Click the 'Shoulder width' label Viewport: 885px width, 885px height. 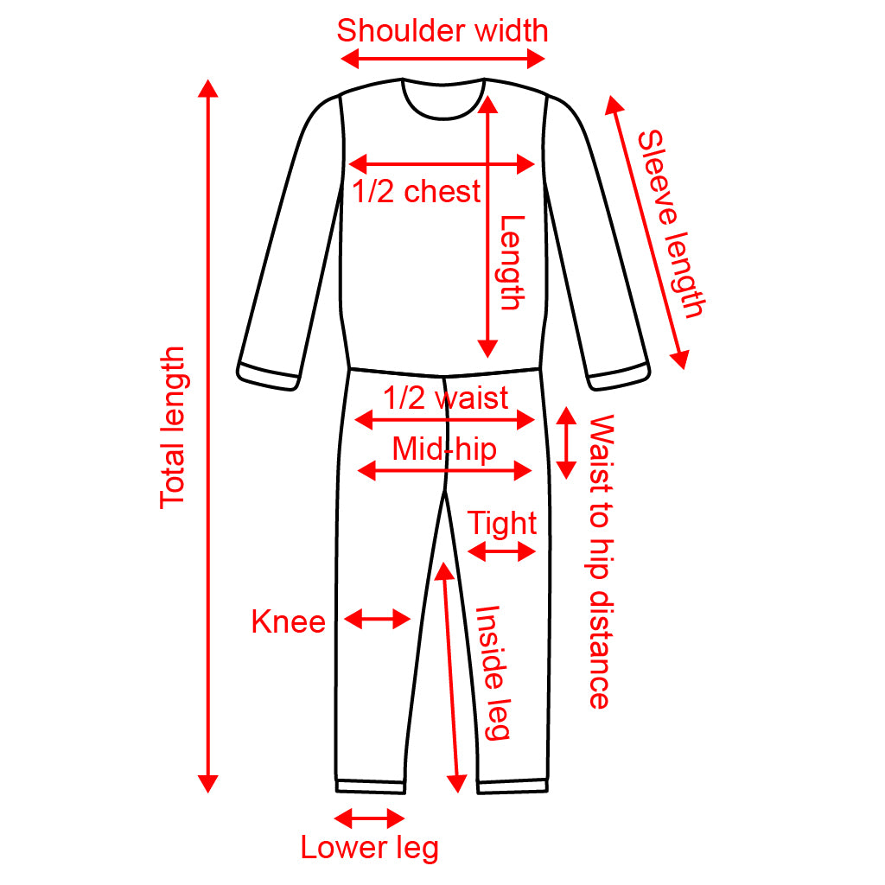tap(442, 31)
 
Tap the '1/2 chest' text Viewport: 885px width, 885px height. tap(417, 191)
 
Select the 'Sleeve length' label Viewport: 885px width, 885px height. tap(671, 224)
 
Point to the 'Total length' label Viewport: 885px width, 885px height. tap(174, 427)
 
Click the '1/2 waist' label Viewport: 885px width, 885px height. tap(446, 398)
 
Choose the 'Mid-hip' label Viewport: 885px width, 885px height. tap(444, 449)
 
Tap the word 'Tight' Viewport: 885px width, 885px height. tap(502, 524)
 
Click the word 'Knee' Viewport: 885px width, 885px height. tap(288, 622)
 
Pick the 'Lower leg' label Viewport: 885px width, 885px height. tap(369, 848)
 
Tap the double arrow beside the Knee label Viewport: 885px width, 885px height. tap(377, 618)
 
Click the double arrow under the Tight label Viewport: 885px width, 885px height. tap(502, 551)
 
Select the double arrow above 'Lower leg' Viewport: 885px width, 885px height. tap(369, 818)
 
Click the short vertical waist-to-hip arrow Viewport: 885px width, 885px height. tap(566, 442)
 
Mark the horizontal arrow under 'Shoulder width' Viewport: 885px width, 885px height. tap(442, 59)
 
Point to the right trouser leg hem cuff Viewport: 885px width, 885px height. tap(513, 786)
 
